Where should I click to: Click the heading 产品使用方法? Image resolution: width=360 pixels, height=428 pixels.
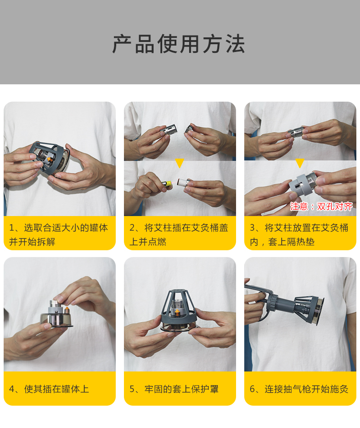[x=179, y=44]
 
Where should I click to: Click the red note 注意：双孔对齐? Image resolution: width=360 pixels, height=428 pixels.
[x=321, y=206]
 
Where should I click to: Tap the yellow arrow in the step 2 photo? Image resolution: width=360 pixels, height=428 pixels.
[x=180, y=163]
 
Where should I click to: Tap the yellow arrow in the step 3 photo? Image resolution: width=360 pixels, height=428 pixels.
[x=299, y=163]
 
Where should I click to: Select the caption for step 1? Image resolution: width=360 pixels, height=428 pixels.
[x=59, y=234]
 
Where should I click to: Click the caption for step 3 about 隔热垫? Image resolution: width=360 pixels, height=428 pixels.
[x=299, y=234]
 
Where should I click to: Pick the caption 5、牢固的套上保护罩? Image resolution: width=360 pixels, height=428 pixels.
[x=174, y=389]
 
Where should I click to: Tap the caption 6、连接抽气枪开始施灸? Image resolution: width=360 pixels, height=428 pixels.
[x=299, y=389]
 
